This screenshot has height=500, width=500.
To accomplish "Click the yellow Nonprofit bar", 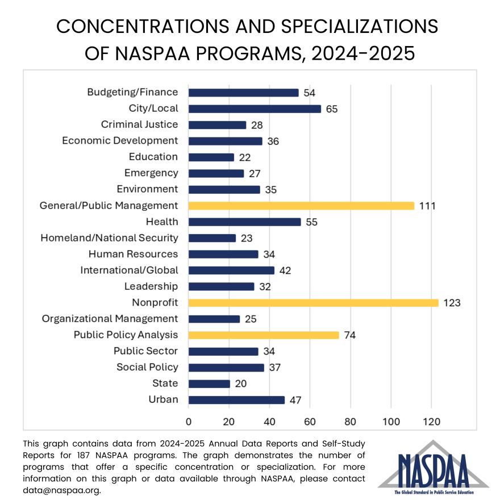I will pyautogui.click(x=313, y=303).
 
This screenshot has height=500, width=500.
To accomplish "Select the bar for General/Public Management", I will pyautogui.click(x=301, y=206).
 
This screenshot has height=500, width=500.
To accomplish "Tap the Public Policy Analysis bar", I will pyautogui.click(x=264, y=335).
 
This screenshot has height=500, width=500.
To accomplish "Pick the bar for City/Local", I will pyautogui.click(x=255, y=109).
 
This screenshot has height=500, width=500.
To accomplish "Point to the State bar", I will pyautogui.click(x=209, y=384).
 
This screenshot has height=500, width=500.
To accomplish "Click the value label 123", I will pyautogui.click(x=452, y=303).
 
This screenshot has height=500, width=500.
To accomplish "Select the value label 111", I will pyautogui.click(x=427, y=206).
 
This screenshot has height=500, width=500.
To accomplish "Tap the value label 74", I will pyautogui.click(x=349, y=335).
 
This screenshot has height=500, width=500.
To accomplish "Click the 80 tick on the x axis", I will pyautogui.click(x=350, y=422).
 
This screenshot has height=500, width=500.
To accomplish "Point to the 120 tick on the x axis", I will pyautogui.click(x=431, y=422).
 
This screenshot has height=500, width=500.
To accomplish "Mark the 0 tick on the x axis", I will pyautogui.click(x=189, y=422).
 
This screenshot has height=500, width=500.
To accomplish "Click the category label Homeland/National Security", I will pyautogui.click(x=109, y=238).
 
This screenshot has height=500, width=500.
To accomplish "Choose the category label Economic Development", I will pyautogui.click(x=120, y=141).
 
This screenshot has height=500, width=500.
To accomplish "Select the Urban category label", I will pyautogui.click(x=163, y=399).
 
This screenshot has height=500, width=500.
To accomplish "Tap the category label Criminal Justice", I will pyautogui.click(x=139, y=124).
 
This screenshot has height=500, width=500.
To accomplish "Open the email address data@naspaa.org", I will pyautogui.click(x=62, y=490).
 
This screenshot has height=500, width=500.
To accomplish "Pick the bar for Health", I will pyautogui.click(x=244, y=222).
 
